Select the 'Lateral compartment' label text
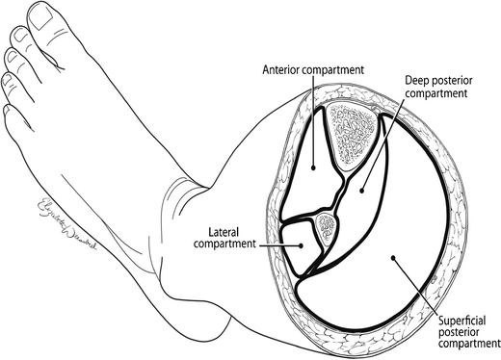point(233,237)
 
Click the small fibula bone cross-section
point(327,227)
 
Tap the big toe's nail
point(41,13)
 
